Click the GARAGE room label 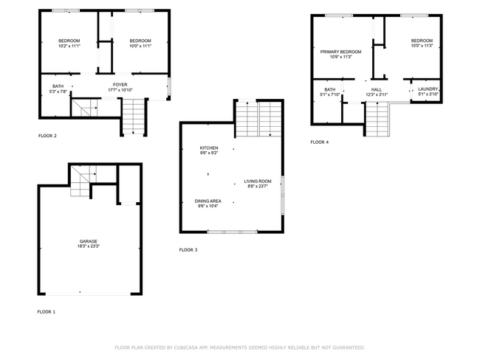tap(89, 241)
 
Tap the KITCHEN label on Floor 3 tap(209, 148)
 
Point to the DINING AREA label tap(208, 201)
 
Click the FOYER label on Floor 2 tap(120, 85)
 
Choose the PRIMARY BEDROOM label tap(340, 52)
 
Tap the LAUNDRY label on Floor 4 tap(428, 89)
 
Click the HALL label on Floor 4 tap(376, 89)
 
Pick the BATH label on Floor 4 tap(329, 89)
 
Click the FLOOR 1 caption tap(47, 312)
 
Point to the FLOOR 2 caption tap(47, 136)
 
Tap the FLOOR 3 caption tap(188, 250)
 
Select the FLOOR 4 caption tap(320, 142)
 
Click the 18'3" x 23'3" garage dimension tap(89, 246)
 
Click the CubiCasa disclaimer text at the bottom tap(240, 347)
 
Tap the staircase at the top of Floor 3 tap(258, 118)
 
